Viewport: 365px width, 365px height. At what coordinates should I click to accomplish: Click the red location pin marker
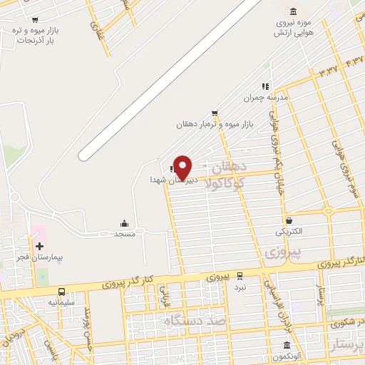183,166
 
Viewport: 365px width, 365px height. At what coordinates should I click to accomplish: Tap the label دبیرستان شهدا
169,180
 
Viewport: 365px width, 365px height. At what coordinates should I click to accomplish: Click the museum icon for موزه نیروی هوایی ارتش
294,11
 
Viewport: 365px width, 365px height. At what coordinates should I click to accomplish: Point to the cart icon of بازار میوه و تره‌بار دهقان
215,113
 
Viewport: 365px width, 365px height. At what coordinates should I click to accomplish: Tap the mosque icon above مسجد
125,223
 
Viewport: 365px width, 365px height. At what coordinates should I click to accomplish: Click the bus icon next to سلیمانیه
62,292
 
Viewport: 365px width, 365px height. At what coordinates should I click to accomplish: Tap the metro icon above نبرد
240,274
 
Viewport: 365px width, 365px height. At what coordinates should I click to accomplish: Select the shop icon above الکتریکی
289,221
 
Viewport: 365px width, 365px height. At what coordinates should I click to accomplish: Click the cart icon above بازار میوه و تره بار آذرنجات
36,20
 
